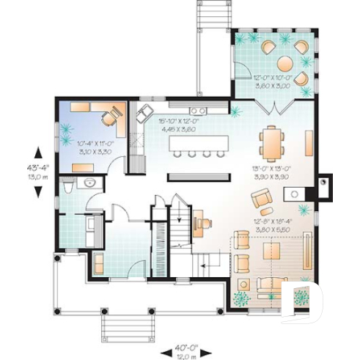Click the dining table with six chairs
click(x=273, y=142)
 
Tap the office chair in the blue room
click(x=112, y=116)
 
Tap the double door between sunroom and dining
click(x=274, y=109)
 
